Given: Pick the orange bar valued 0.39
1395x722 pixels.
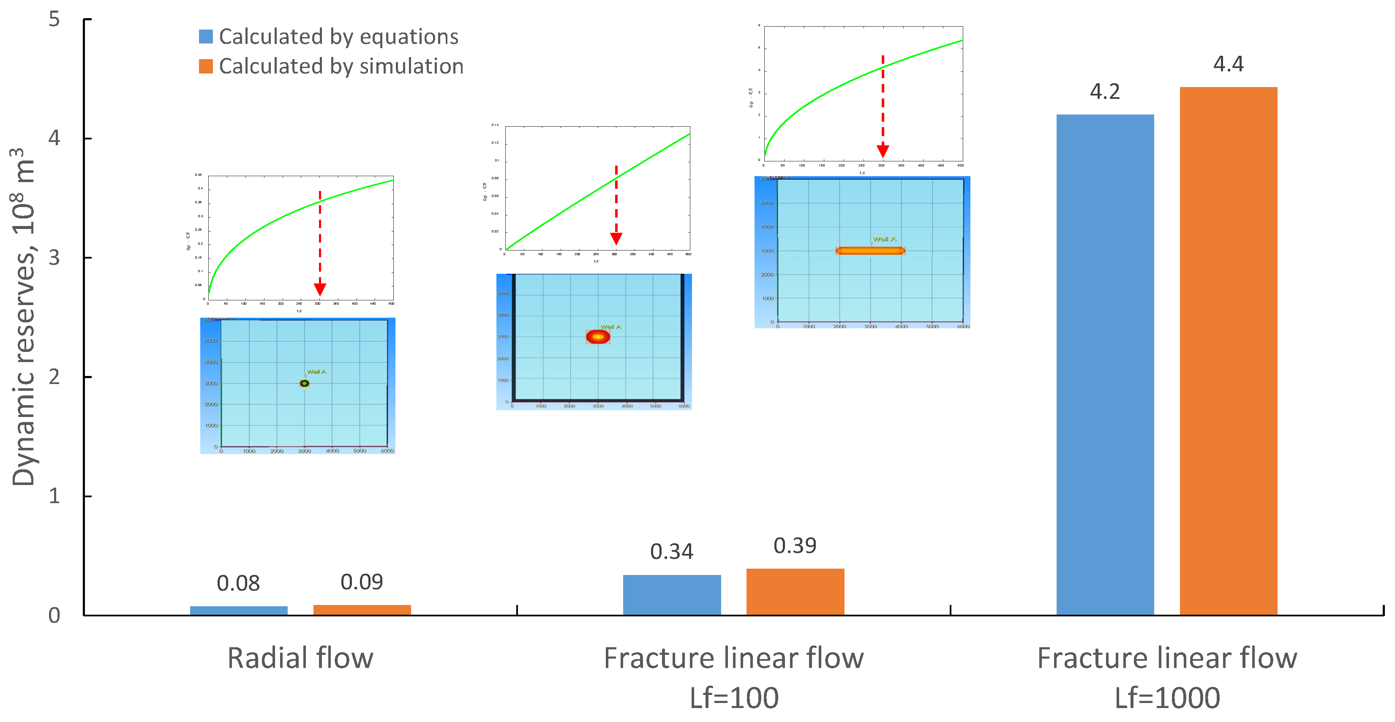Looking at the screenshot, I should [795, 591].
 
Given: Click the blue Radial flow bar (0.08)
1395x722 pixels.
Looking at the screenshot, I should [238, 610].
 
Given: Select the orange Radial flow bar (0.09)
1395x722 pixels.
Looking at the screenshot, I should [362, 610].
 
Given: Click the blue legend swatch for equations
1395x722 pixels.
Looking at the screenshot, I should [206, 37].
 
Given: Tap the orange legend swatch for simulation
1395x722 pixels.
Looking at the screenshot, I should [206, 66].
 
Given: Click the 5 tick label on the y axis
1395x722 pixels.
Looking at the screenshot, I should [54, 19].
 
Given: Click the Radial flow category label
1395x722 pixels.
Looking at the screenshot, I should [300, 658].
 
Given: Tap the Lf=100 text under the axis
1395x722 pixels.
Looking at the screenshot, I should [734, 697].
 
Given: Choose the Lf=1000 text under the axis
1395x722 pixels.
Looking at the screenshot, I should [1167, 697].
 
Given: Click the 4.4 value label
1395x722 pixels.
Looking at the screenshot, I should [1228, 64].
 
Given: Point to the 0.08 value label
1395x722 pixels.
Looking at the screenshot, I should [238, 583].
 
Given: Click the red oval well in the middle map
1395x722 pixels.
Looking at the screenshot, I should [598, 337].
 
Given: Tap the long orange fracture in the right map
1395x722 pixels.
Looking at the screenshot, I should [870, 251].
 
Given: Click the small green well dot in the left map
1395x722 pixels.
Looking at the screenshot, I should [304, 384].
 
